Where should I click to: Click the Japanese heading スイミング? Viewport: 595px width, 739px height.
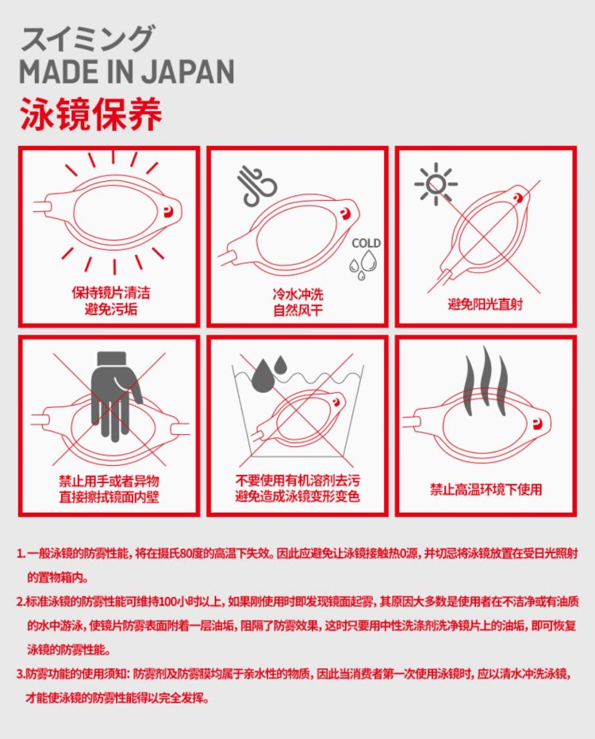(87, 38)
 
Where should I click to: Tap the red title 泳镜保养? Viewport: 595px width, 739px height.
(91, 114)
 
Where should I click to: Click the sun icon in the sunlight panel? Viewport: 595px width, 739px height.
(436, 184)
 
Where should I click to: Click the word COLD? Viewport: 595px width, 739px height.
(366, 243)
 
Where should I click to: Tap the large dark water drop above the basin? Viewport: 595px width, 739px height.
(263, 375)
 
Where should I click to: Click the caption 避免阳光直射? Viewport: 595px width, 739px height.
(486, 305)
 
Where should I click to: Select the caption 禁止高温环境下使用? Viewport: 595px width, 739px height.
(486, 490)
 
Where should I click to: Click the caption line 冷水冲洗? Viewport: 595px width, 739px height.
(297, 294)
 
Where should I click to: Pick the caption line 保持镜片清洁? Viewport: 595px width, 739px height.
(111, 293)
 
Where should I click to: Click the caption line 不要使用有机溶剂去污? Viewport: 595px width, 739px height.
(297, 480)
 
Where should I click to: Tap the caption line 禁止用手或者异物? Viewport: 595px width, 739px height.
(109, 481)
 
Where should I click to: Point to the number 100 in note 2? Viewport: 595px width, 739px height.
(167, 602)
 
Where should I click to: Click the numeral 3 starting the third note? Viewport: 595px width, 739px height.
(20, 675)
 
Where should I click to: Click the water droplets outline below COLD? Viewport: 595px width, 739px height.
(363, 264)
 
